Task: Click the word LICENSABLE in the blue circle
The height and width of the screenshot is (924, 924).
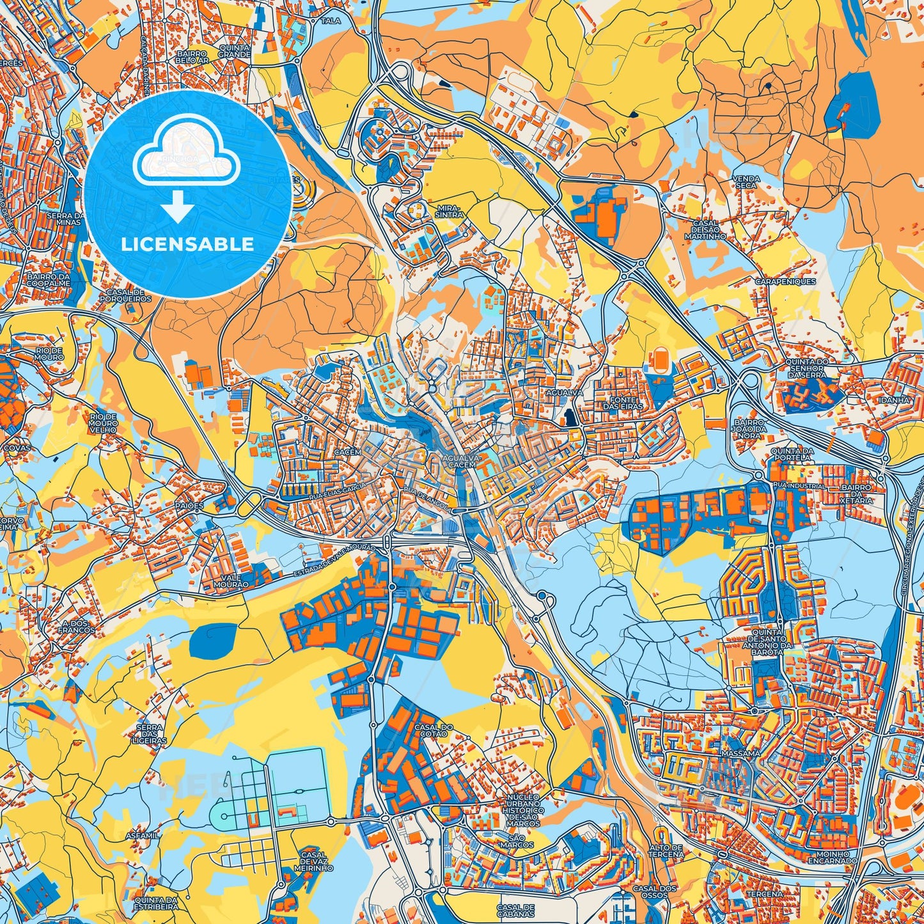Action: pyautogui.click(x=187, y=244)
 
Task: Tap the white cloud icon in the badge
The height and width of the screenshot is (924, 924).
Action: pyautogui.click(x=186, y=157)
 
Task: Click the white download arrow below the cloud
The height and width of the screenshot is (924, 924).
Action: pyautogui.click(x=178, y=208)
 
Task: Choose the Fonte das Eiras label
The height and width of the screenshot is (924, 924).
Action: pyautogui.click(x=620, y=403)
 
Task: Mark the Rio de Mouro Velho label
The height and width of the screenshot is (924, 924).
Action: pyautogui.click(x=103, y=423)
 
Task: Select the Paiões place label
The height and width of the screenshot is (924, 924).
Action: pyautogui.click(x=189, y=505)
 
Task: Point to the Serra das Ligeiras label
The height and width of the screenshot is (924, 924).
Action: pyautogui.click(x=151, y=734)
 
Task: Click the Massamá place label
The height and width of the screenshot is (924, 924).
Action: pyautogui.click(x=740, y=754)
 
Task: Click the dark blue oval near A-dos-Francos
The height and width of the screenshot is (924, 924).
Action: pyautogui.click(x=213, y=639)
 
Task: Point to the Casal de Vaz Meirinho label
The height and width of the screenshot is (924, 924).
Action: pyautogui.click(x=313, y=862)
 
